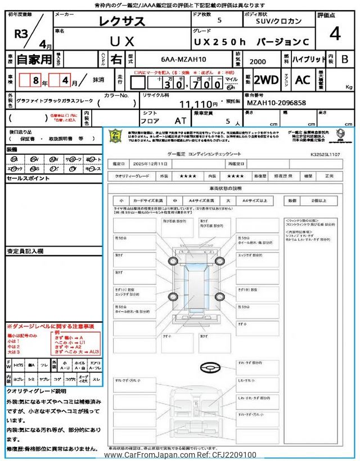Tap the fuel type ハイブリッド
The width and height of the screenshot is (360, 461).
[x=309, y=59]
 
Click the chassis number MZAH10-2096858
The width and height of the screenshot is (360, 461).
[x=276, y=104]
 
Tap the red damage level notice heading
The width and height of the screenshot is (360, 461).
[x=50, y=326]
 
